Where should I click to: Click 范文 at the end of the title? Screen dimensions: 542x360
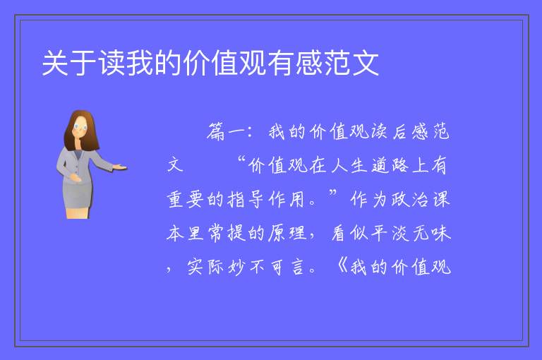coord(351,63)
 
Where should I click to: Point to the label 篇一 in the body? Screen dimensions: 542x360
coord(226,132)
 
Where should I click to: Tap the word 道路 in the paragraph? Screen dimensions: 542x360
coord(390,165)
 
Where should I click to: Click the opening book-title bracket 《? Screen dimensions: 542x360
coord(342,266)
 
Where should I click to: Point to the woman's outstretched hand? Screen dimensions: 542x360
coord(119,167)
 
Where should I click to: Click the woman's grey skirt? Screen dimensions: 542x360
coord(78,196)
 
